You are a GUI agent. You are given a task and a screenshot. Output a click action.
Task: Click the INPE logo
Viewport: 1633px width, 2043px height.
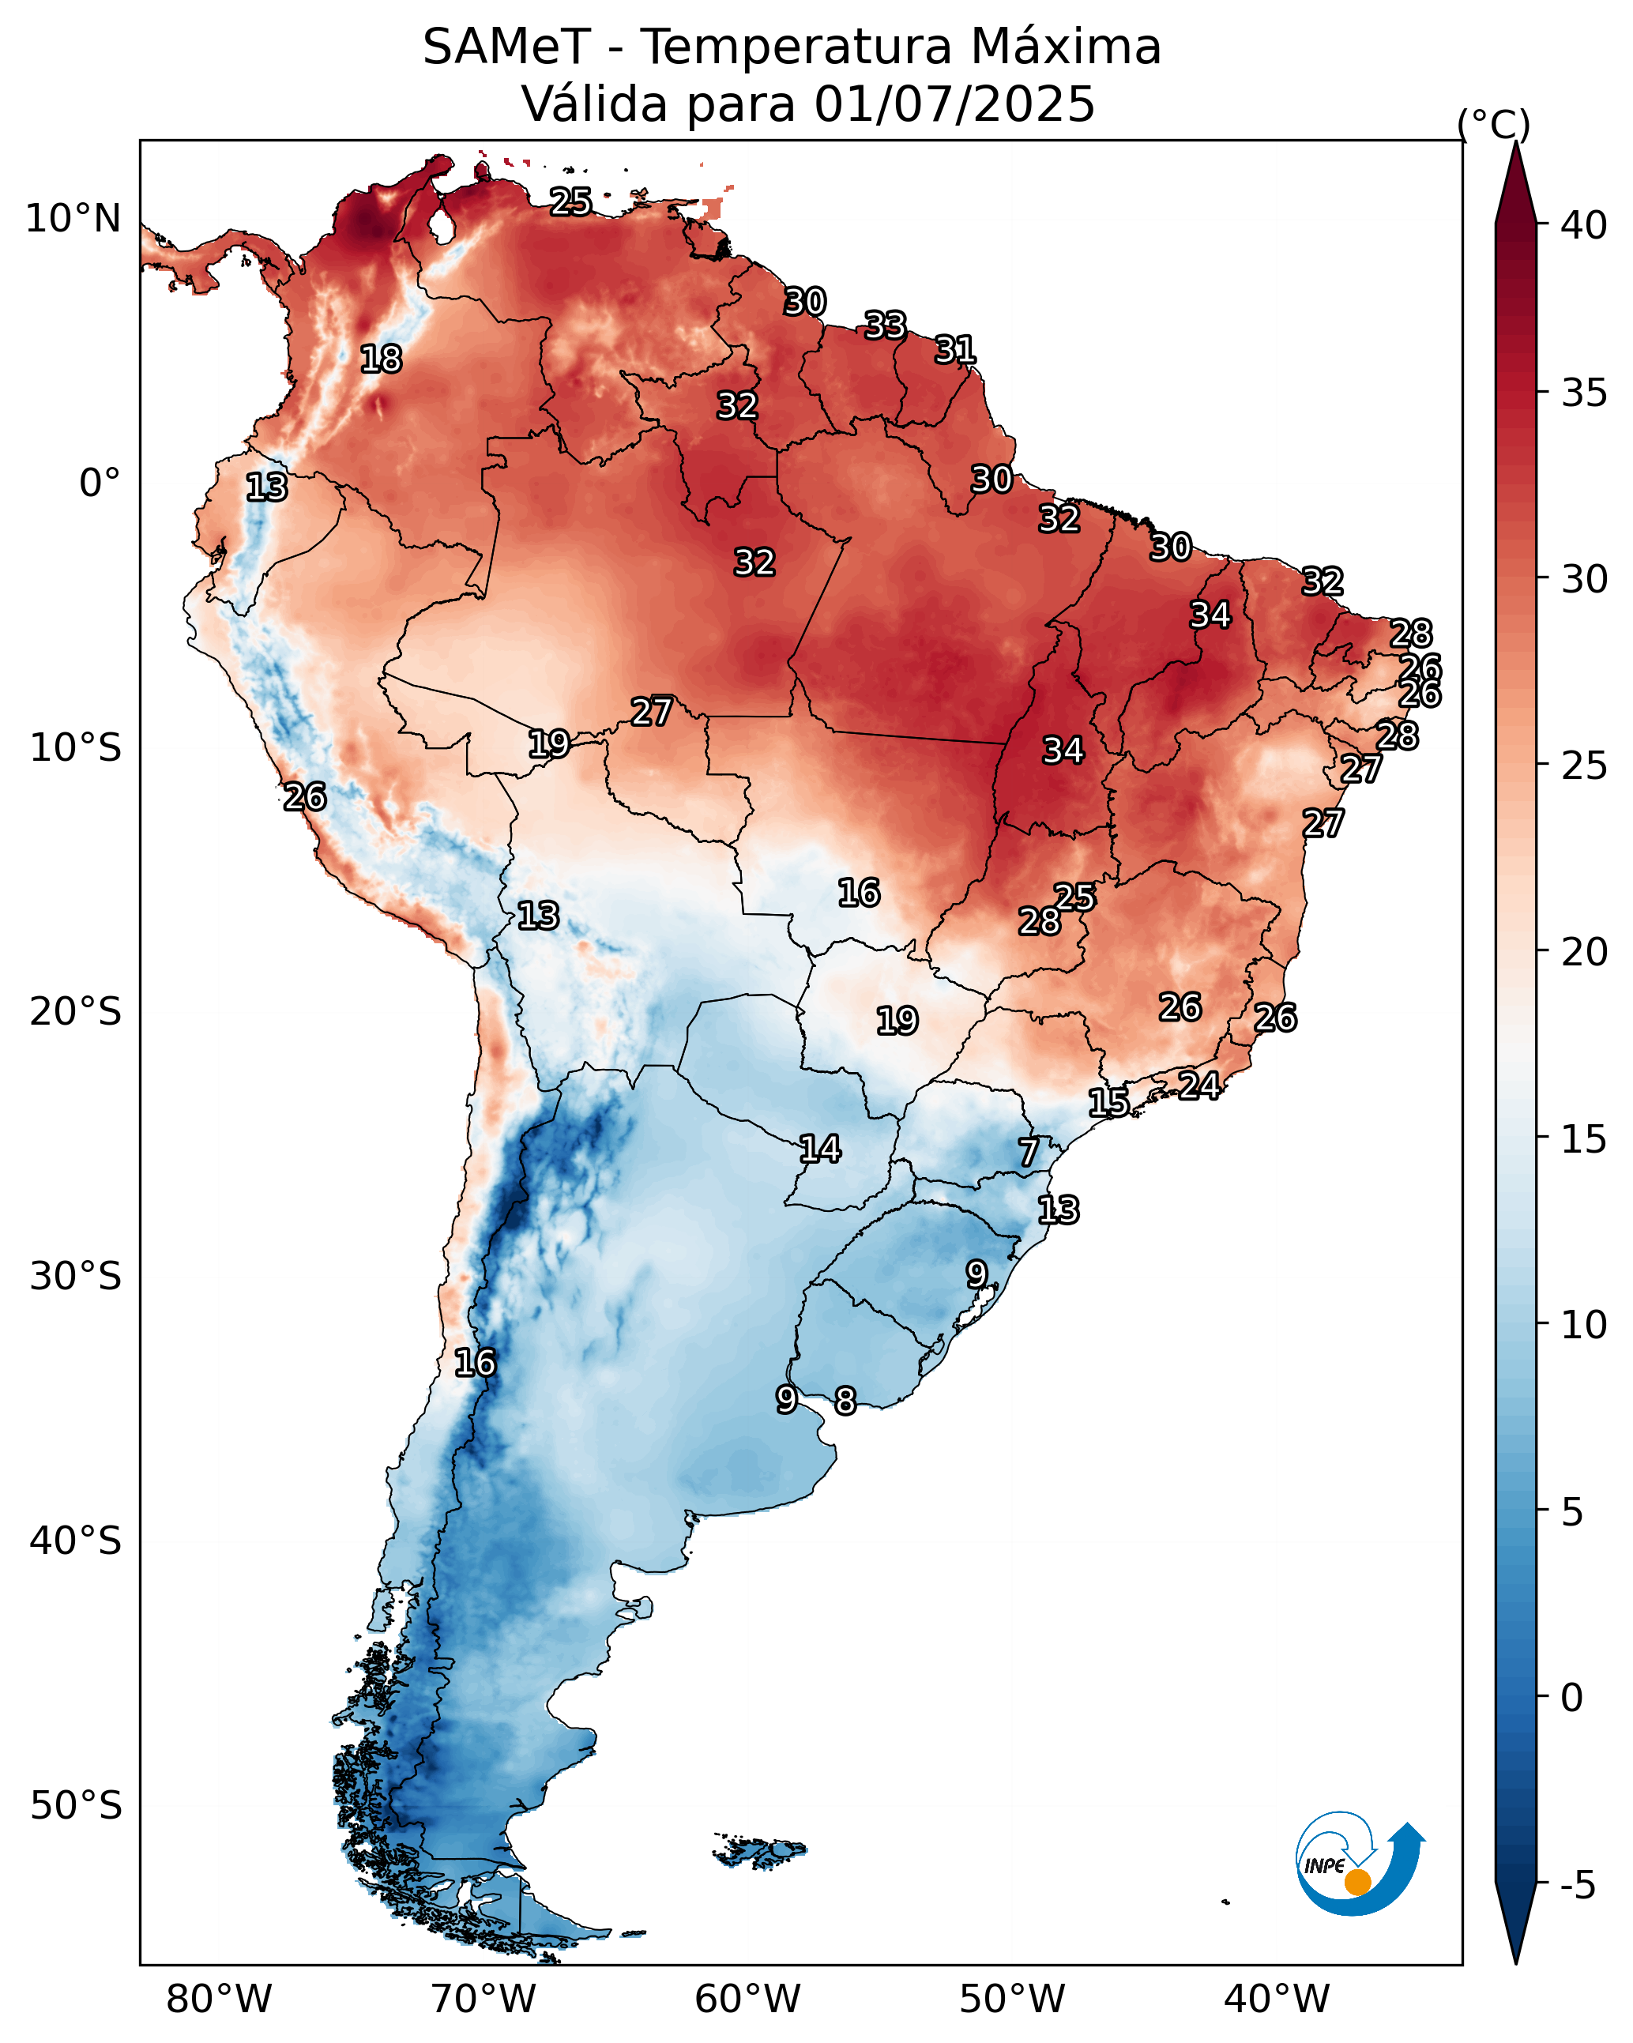tap(1360, 1863)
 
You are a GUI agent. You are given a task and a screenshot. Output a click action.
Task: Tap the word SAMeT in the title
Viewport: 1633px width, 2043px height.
tap(506, 47)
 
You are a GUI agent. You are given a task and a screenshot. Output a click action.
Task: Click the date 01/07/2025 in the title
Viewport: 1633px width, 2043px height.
tap(954, 104)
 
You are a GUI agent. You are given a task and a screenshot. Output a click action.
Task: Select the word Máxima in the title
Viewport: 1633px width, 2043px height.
tap(1067, 47)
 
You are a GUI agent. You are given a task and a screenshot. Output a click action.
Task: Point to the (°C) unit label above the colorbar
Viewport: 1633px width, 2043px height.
tap(1494, 125)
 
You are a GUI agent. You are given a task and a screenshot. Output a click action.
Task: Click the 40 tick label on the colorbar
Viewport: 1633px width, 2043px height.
tap(1584, 225)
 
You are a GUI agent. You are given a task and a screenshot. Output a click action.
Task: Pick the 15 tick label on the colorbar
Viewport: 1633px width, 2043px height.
tap(1584, 1139)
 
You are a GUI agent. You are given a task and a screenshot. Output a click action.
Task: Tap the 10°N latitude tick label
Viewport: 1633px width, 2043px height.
tap(73, 219)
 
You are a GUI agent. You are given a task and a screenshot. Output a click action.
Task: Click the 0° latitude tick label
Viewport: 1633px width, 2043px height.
tap(100, 483)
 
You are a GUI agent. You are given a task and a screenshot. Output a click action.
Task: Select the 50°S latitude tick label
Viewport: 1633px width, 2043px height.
tap(76, 1806)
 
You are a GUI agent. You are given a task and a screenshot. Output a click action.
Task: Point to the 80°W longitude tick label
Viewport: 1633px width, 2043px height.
tap(219, 2000)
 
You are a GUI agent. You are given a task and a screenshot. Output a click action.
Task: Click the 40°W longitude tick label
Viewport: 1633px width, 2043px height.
tap(1277, 2000)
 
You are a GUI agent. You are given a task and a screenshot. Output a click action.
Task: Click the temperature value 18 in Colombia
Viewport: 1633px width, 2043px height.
tap(381, 359)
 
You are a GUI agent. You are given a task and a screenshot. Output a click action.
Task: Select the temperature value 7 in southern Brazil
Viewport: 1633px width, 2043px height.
tap(1029, 1153)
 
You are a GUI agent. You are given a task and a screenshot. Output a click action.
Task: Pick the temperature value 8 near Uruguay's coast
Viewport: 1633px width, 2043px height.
tap(845, 1401)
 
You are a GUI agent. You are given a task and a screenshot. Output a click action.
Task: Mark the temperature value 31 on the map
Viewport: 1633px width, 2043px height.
tap(955, 351)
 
